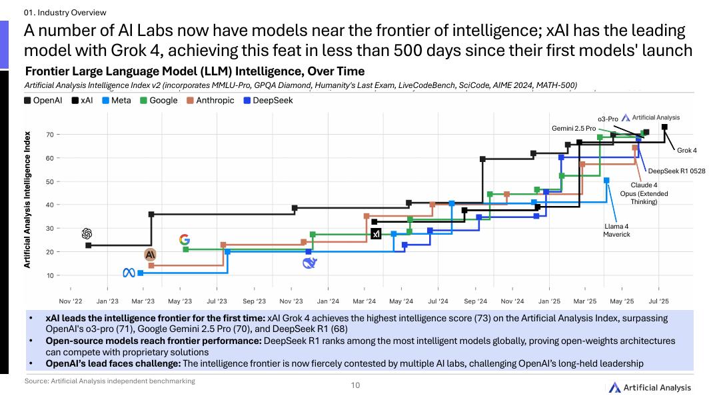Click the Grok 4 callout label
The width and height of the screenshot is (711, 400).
click(686, 151)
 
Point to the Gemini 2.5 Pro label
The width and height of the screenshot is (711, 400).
click(573, 127)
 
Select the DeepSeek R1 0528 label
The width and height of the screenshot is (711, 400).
click(676, 171)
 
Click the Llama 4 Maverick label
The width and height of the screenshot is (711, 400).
click(616, 230)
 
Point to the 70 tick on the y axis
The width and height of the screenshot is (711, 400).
click(50, 135)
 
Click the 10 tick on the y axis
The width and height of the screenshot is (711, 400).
click(50, 275)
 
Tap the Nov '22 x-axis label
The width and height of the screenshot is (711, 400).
click(71, 301)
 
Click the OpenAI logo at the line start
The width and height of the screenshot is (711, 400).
click(86, 233)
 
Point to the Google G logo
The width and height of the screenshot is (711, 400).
click(185, 239)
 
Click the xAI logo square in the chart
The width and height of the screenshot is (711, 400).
click(376, 234)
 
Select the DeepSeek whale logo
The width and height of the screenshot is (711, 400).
click(309, 263)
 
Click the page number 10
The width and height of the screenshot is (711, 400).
click(355, 385)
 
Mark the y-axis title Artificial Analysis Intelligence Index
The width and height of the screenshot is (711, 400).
click(28, 200)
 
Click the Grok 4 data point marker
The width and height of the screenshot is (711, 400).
click(664, 127)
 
